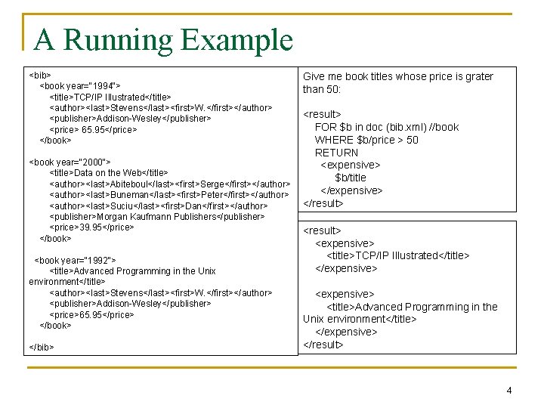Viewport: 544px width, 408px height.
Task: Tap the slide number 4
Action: coord(508,391)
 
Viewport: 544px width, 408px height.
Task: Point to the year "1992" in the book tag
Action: coord(99,260)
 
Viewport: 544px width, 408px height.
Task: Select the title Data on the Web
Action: coord(107,173)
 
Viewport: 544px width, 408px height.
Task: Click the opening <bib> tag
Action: coord(40,76)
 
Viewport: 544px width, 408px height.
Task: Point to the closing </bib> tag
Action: coord(41,347)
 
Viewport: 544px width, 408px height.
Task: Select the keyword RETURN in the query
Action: coord(336,153)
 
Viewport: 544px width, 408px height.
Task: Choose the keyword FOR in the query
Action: coord(326,127)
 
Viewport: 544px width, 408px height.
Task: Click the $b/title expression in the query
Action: coord(351,178)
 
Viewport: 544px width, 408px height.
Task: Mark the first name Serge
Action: coord(212,184)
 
